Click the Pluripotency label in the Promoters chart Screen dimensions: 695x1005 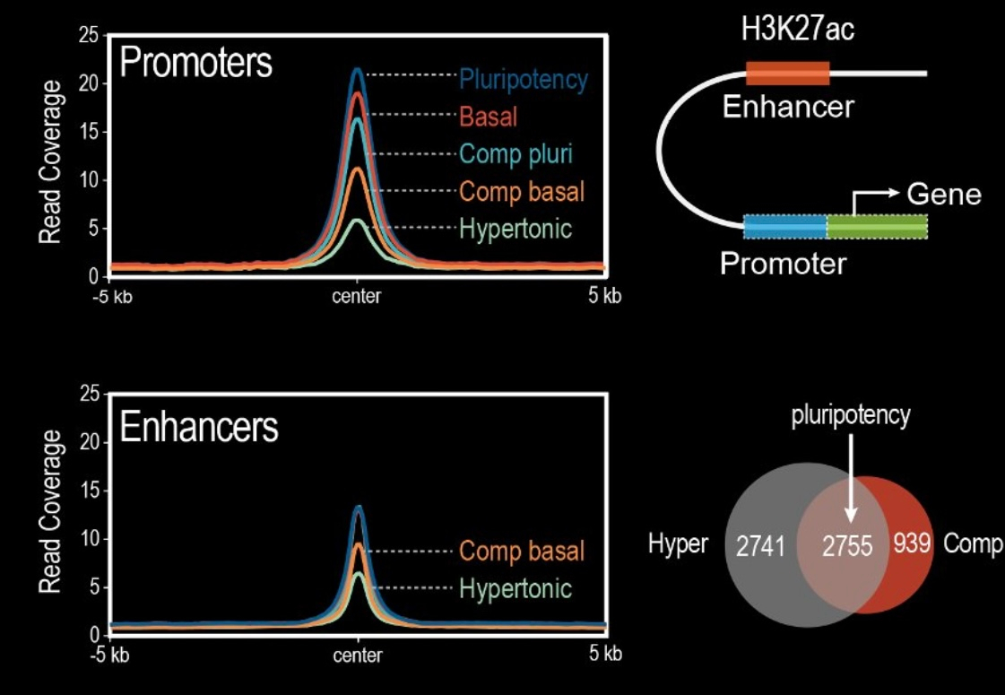pos(524,80)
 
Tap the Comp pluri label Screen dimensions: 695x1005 pos(515,153)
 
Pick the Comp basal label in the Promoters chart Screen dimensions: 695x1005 pos(522,191)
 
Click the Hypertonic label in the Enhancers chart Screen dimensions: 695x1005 pos(515,588)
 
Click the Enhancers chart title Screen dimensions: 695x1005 pos(199,429)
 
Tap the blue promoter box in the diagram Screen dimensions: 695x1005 pos(785,227)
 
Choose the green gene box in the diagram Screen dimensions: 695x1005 pos(877,227)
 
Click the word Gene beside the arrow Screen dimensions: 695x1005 pos(944,195)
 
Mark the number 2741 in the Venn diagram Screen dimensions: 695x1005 pos(760,545)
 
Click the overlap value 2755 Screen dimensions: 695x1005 pos(847,545)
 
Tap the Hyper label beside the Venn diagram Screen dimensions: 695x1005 pos(678,544)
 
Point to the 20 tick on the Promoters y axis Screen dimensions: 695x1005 pos(88,83)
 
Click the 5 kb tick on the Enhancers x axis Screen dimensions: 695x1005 pos(605,653)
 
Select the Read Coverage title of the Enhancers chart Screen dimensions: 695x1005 pos(50,511)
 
